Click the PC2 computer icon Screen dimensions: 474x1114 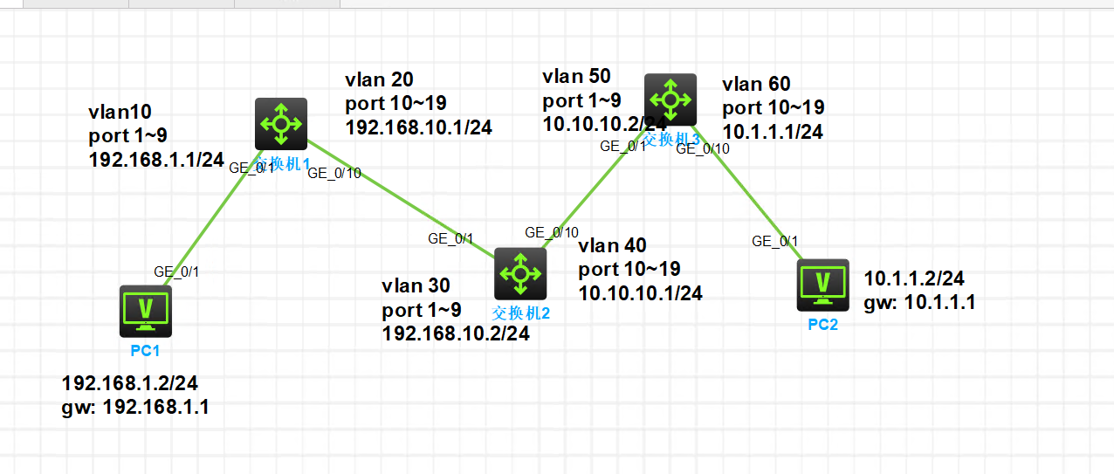(822, 285)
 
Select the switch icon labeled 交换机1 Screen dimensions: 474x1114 (281, 123)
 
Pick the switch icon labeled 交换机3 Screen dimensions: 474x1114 (670, 99)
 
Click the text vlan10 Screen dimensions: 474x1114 (120, 113)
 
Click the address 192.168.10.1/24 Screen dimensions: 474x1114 (419, 127)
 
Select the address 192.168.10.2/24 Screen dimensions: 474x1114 (455, 333)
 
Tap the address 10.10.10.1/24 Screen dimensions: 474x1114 (640, 293)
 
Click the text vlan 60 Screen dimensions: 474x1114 (756, 84)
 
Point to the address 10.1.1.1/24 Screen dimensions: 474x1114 (773, 132)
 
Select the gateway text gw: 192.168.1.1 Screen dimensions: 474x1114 (134, 408)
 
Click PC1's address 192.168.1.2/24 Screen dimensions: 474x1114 (130, 383)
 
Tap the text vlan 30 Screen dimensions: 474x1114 (415, 285)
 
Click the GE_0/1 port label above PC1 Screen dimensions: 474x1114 (176, 271)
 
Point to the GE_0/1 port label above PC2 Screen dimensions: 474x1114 (774, 242)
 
